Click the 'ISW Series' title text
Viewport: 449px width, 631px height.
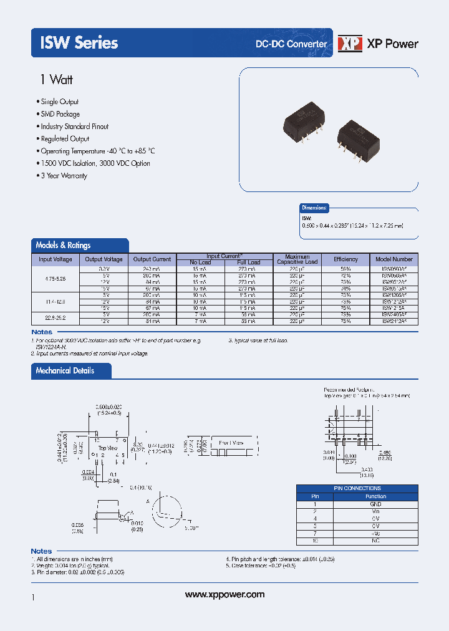pos(79,42)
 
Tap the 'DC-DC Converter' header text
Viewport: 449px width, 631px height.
pos(291,44)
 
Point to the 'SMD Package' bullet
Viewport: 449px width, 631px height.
pos(60,114)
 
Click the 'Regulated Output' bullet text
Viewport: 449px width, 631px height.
pos(65,139)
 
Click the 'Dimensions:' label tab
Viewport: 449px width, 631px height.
pos(314,208)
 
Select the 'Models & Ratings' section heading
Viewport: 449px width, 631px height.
pos(63,246)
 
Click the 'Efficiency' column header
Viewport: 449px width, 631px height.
pos(345,259)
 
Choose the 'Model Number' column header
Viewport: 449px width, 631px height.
pos(393,259)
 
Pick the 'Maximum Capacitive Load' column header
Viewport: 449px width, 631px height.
pos(301,259)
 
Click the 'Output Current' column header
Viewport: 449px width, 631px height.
pos(152,259)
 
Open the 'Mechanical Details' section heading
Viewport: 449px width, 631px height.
pos(65,370)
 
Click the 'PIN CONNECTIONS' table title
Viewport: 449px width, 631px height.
pos(357,488)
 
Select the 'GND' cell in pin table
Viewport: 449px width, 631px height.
pos(375,503)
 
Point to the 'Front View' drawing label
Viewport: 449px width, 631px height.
pos(231,443)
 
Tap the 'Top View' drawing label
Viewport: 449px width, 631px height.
pos(108,448)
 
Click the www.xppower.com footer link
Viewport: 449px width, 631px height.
pos(225,595)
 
